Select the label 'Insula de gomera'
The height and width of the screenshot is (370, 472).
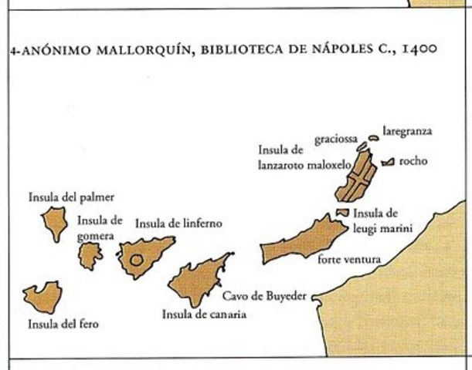click(100, 227)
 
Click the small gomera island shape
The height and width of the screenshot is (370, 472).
click(90, 256)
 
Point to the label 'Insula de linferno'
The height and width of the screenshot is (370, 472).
click(178, 224)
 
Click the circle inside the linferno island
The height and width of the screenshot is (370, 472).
click(137, 260)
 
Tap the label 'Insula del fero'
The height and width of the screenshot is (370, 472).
click(63, 325)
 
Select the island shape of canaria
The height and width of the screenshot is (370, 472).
click(198, 282)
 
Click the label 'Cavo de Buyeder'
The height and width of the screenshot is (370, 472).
click(264, 295)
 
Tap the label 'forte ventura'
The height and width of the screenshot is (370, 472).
click(348, 260)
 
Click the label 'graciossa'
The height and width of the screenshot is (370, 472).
click(335, 140)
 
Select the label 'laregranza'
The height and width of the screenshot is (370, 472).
click(406, 131)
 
